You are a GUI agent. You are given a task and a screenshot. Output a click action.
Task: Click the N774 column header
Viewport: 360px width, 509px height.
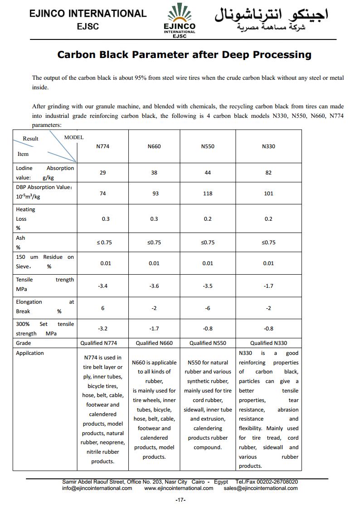(103, 146)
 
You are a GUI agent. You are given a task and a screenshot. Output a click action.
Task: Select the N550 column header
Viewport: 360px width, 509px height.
(208, 146)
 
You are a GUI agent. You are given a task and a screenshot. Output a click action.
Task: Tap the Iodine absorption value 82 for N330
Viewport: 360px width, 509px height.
(268, 173)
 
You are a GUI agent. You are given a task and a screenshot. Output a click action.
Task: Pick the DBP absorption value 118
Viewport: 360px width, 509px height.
(208, 194)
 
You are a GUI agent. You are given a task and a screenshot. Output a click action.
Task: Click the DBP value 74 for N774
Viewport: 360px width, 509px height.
(103, 194)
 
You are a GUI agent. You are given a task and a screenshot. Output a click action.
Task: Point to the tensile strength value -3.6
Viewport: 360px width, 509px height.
(154, 286)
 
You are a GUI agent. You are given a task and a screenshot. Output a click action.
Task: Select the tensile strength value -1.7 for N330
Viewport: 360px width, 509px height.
(268, 286)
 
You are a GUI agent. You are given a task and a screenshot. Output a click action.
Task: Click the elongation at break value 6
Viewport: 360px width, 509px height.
(103, 308)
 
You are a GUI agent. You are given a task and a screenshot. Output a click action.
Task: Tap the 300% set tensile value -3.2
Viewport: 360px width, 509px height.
(103, 329)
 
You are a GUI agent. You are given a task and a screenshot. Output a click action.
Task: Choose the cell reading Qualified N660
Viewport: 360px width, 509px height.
(154, 343)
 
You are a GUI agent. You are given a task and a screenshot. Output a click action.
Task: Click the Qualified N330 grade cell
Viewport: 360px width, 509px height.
(268, 343)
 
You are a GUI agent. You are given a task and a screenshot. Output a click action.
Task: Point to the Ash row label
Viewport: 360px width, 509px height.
(21, 238)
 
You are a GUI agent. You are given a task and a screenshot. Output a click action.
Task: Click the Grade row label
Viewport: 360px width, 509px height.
(24, 343)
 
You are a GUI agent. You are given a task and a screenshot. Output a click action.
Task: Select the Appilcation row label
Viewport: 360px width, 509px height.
(30, 353)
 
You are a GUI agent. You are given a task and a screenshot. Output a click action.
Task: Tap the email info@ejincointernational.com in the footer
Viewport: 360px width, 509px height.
(97, 488)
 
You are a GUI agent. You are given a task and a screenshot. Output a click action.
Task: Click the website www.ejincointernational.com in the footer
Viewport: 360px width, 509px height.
(179, 488)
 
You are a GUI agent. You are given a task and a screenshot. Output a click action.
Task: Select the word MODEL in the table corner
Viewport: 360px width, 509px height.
(74, 137)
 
